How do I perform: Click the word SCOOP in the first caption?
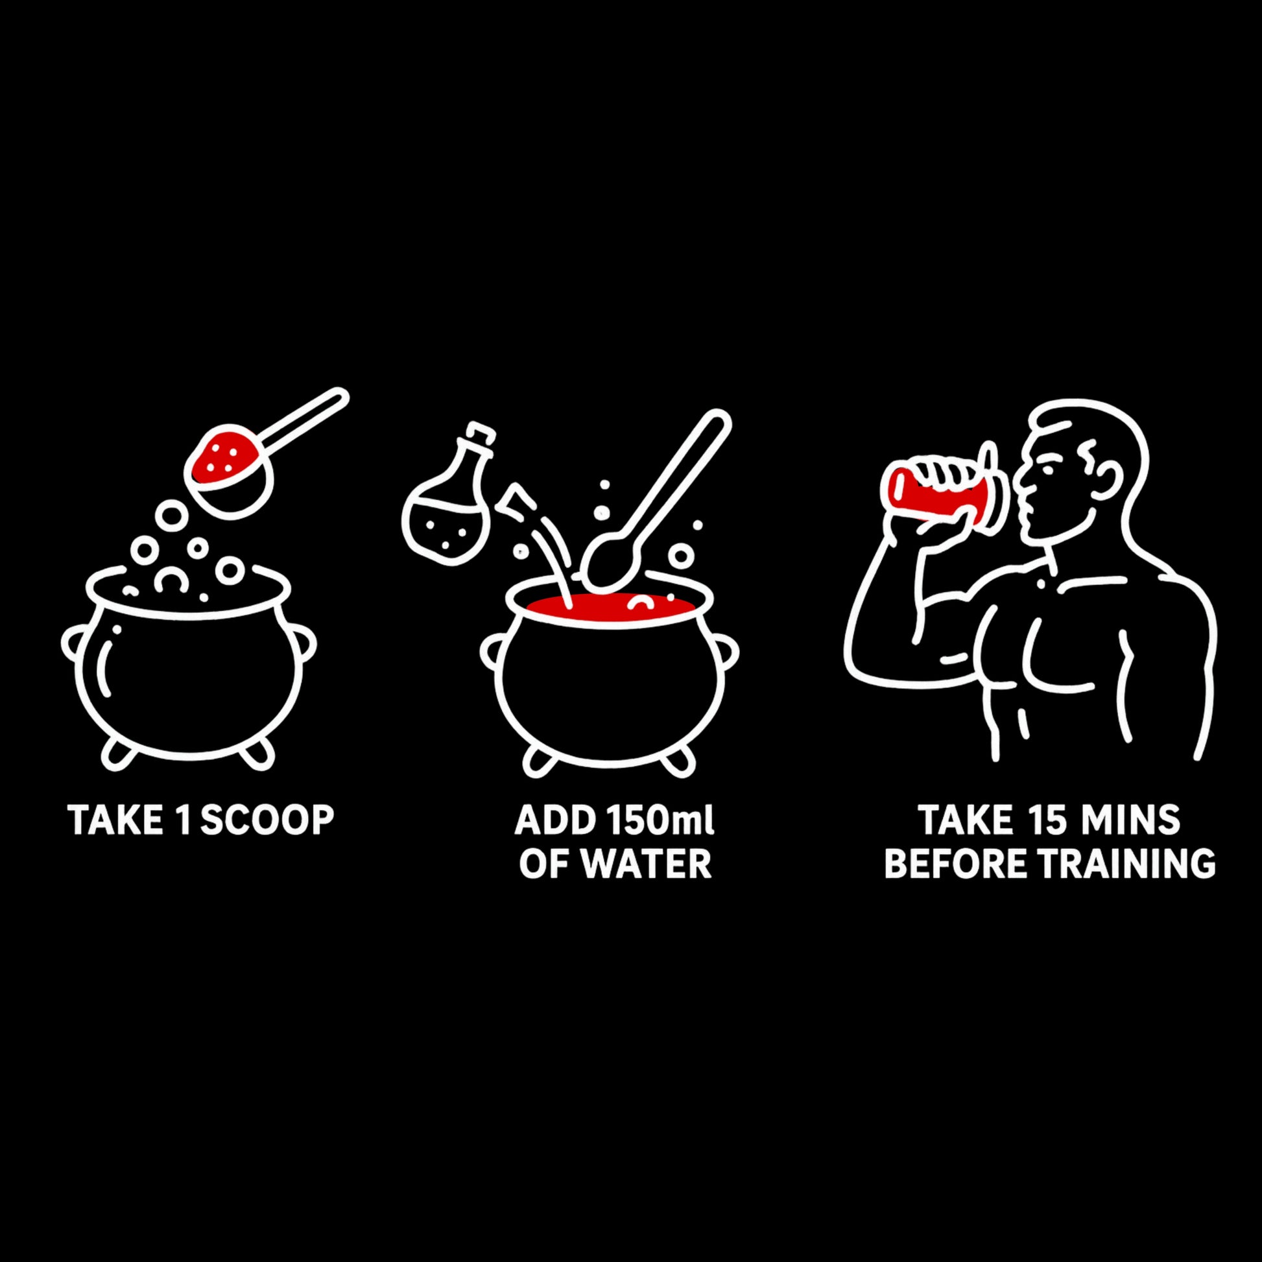pos(267,820)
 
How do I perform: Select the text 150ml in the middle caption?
pos(660,820)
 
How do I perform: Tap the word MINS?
pos(1131,820)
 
